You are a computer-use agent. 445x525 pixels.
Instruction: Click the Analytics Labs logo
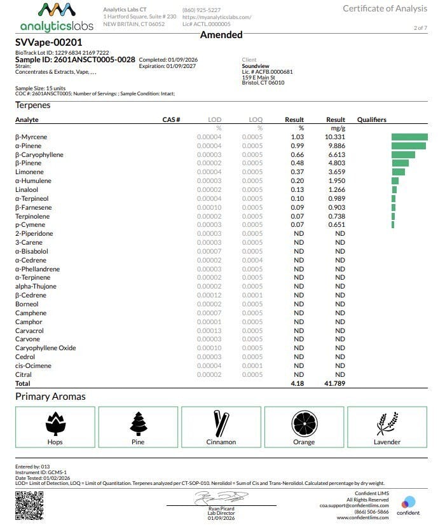(56, 17)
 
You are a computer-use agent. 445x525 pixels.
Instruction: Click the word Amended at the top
(221, 35)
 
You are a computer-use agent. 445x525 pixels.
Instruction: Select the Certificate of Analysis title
(385, 8)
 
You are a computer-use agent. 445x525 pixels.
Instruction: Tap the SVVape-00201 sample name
(49, 43)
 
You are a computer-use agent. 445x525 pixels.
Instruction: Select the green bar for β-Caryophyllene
(403, 154)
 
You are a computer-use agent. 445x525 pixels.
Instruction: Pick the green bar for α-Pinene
(408, 146)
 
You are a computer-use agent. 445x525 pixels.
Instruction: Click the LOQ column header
(256, 119)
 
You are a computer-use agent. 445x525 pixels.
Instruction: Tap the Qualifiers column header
(371, 119)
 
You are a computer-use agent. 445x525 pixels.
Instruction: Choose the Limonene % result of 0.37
(298, 172)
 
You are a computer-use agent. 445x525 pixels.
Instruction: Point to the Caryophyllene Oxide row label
(45, 348)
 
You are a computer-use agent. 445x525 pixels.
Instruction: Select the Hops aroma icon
(55, 423)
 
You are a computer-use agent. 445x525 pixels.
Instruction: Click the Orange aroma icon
(304, 423)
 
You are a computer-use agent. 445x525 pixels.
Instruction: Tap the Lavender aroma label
(387, 442)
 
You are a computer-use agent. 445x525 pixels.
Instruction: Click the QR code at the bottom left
(27, 505)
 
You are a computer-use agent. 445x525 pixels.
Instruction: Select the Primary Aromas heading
(50, 397)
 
